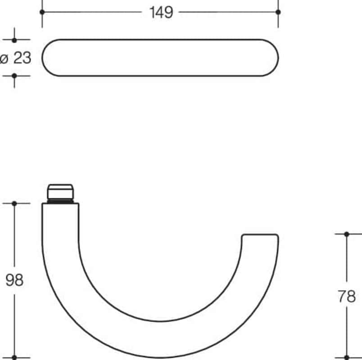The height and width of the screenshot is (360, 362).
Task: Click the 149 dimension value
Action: point(161,12)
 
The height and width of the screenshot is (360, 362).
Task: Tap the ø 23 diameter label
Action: point(15,58)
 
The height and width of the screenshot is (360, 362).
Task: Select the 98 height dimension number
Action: point(14,280)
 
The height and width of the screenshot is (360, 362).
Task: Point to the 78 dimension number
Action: point(347,296)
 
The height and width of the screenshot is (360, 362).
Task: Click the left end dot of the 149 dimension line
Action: point(42,12)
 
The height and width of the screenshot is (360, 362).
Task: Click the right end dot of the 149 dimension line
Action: point(278,12)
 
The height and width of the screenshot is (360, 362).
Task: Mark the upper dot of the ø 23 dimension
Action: point(14,40)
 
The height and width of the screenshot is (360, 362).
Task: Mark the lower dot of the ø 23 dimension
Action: point(14,76)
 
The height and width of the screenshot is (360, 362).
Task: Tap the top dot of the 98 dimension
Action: point(14,203)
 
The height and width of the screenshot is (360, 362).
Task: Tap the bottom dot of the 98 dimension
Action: point(14,357)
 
